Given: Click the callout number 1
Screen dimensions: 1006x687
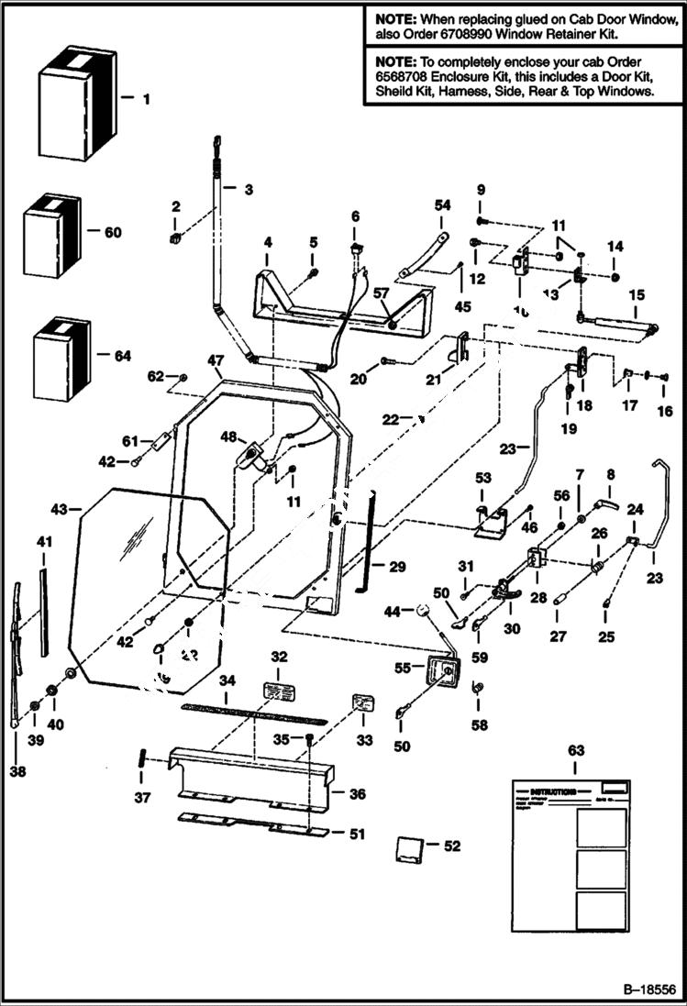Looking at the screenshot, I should point(146,95).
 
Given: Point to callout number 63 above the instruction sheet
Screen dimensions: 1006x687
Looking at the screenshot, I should point(575,750).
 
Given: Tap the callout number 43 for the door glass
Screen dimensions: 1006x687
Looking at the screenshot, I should point(60,507).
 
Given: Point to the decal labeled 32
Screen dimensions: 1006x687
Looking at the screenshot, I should point(278,689).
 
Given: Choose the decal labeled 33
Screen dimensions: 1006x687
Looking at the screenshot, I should point(364,704).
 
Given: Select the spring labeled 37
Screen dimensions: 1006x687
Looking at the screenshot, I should point(143,760).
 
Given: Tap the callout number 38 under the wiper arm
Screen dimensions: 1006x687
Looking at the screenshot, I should point(18,771).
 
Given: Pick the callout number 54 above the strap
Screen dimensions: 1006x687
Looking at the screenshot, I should point(442,205).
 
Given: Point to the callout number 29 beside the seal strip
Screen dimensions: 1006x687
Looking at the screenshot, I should point(396,568).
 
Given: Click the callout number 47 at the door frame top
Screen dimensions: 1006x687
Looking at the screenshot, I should point(216,359).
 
